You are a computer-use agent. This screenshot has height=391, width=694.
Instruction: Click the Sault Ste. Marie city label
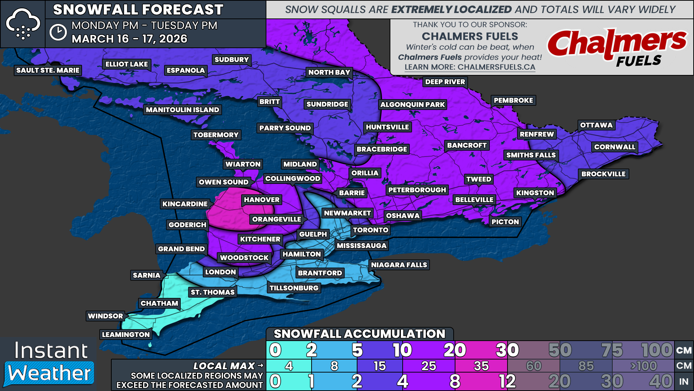click(x=48, y=70)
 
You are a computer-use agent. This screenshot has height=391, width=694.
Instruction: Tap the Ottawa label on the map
click(x=596, y=125)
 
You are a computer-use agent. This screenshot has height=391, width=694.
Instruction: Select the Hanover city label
click(x=261, y=200)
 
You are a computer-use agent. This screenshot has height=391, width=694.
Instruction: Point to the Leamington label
click(x=125, y=335)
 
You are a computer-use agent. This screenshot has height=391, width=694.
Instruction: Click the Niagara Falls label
click(x=399, y=265)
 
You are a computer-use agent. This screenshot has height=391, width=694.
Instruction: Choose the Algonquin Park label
click(x=412, y=105)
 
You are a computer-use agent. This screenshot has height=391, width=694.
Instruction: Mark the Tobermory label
click(x=216, y=135)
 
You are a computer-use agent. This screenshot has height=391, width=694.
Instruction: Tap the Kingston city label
click(x=535, y=193)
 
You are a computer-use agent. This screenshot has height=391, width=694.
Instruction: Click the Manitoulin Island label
click(x=182, y=110)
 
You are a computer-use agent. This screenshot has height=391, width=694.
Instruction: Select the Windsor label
click(x=105, y=316)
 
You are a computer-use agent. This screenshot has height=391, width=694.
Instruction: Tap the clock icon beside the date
click(x=58, y=33)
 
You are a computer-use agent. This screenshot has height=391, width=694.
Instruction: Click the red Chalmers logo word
click(x=616, y=43)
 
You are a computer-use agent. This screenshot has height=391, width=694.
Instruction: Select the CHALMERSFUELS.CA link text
click(x=496, y=67)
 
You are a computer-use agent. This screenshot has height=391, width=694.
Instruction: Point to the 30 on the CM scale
click(x=507, y=350)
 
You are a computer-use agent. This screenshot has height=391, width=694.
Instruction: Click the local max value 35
click(x=481, y=366)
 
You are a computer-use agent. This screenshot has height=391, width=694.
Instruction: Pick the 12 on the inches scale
click(x=507, y=381)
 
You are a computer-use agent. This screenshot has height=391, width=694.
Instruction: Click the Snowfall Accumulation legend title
click(x=359, y=334)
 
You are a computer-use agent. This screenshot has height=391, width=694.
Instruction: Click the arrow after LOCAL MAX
click(x=261, y=366)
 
